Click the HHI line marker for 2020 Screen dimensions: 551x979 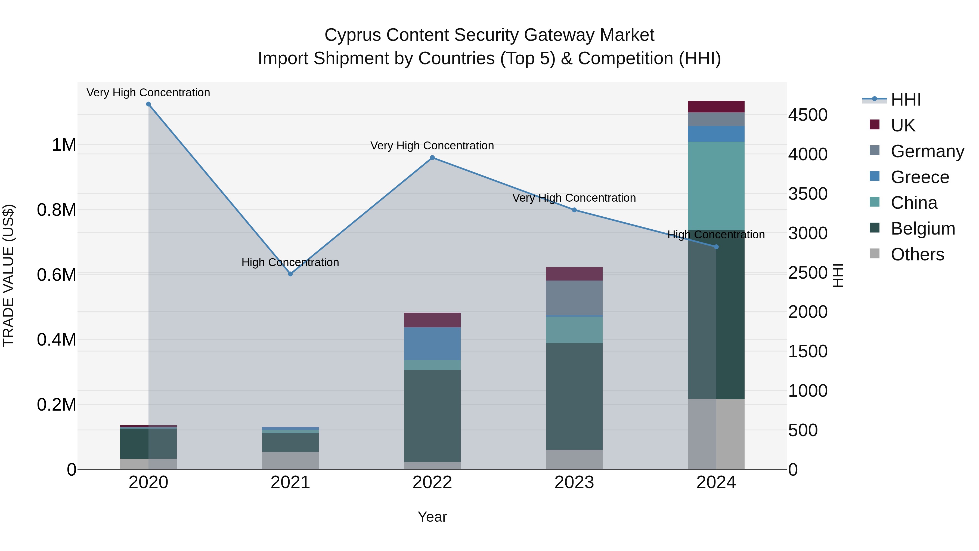(x=148, y=104)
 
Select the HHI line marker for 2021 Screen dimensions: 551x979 (x=290, y=274)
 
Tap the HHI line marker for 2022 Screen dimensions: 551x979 (x=432, y=158)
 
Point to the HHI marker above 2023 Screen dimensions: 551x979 (x=574, y=210)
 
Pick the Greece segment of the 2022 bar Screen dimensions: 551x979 (x=432, y=343)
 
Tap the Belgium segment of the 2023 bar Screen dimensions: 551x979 (x=574, y=396)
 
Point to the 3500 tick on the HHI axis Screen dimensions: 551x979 (x=808, y=193)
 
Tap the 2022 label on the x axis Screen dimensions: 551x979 (x=432, y=482)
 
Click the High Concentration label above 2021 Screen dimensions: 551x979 (x=290, y=262)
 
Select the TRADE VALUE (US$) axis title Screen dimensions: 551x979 (x=8, y=275)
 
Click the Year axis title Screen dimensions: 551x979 (x=432, y=517)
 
